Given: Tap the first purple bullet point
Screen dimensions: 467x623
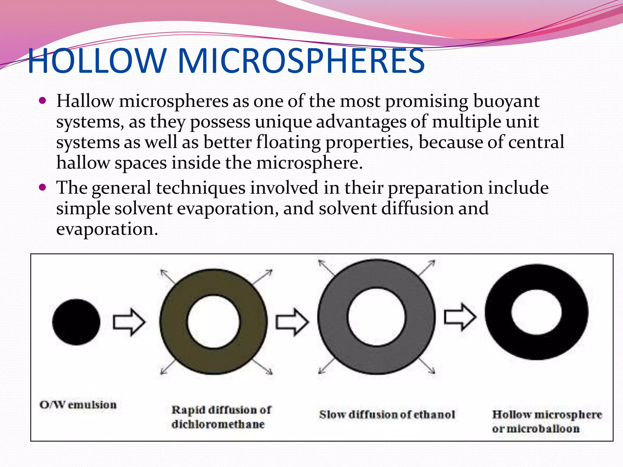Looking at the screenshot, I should point(43,101).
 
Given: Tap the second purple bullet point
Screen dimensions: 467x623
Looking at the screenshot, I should point(43,187).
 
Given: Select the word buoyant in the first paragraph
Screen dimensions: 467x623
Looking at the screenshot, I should point(506,102).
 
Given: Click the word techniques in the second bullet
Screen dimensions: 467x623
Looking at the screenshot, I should point(200,188).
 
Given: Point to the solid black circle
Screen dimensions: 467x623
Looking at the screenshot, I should point(76,322).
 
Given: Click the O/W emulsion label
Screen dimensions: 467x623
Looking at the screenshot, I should point(78,405).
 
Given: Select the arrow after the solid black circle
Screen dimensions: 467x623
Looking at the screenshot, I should point(129,322).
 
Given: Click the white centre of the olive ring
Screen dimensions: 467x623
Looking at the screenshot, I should point(213,322).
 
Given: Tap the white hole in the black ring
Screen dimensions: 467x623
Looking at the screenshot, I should point(536,312).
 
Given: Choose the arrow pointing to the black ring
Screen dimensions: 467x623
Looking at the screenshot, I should point(460,317).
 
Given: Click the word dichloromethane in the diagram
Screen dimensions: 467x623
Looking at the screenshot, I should point(218,424).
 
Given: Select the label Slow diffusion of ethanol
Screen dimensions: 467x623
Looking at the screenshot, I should point(387,415).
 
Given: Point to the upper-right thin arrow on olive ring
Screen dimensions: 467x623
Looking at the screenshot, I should point(263,277).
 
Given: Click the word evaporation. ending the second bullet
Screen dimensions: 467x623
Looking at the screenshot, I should point(107,229).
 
